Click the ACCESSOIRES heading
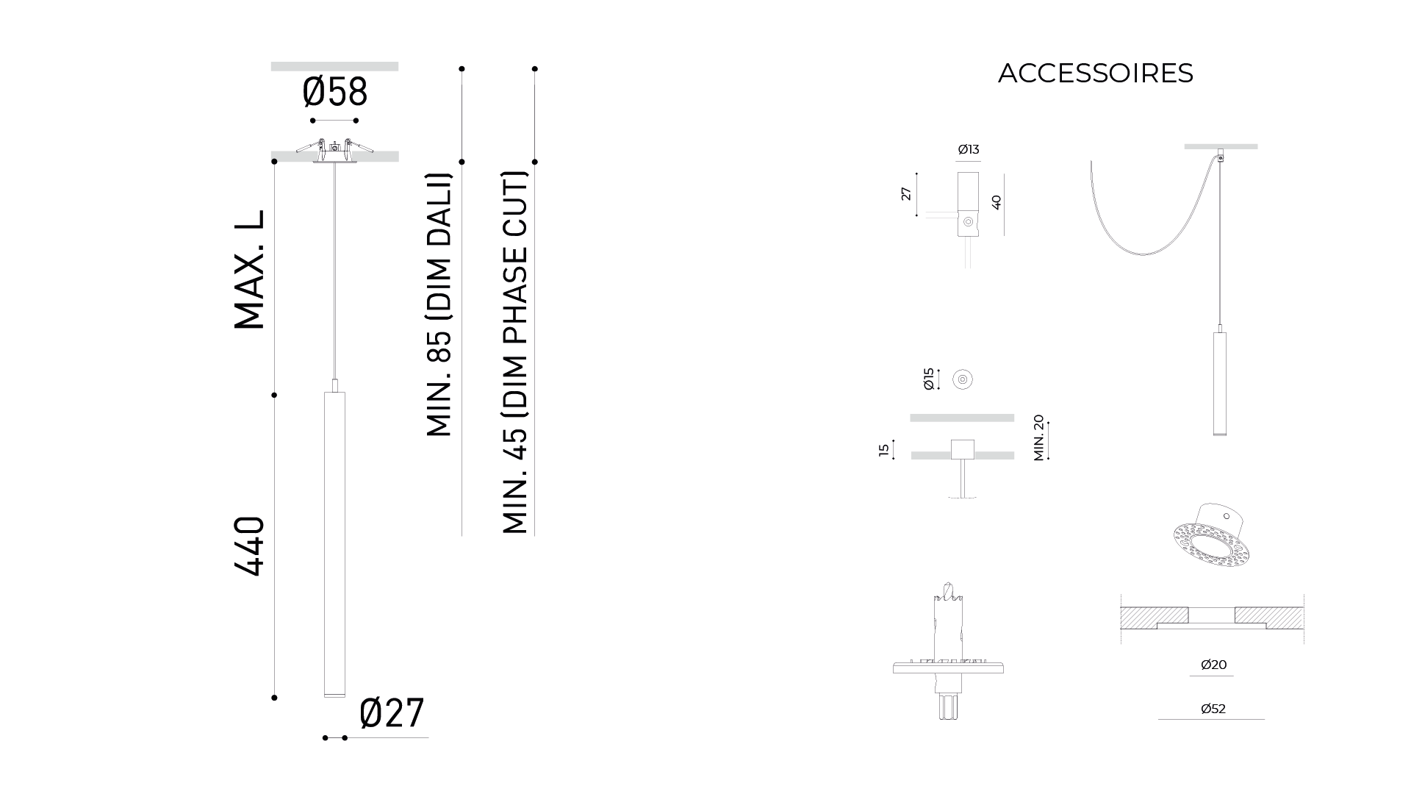coord(1095,73)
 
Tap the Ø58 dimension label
coord(334,93)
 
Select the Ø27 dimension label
coord(392,713)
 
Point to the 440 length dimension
coord(250,546)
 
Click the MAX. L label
coord(250,270)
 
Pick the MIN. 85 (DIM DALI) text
coord(439,304)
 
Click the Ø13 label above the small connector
coord(969,149)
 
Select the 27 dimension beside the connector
coord(906,193)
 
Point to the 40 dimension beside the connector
coord(997,202)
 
